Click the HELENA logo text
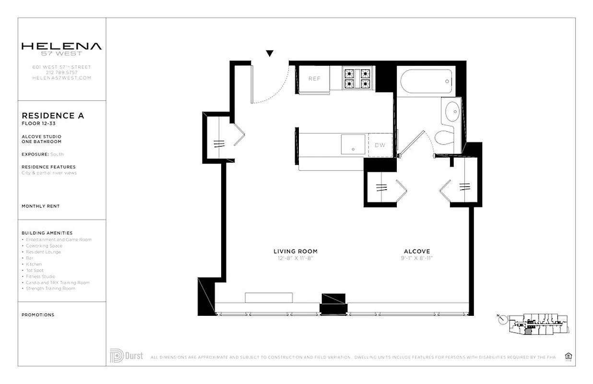61,47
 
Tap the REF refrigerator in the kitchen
314,79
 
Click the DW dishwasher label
380,145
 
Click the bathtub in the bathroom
424,82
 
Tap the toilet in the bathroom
445,137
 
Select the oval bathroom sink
452,112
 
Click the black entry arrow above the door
270,53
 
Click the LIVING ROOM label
295,252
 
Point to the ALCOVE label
416,252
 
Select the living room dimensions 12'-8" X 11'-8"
295,258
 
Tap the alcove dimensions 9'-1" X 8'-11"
416,258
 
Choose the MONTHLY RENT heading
41,206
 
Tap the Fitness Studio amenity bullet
40,276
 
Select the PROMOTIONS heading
38,315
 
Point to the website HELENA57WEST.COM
61,77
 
